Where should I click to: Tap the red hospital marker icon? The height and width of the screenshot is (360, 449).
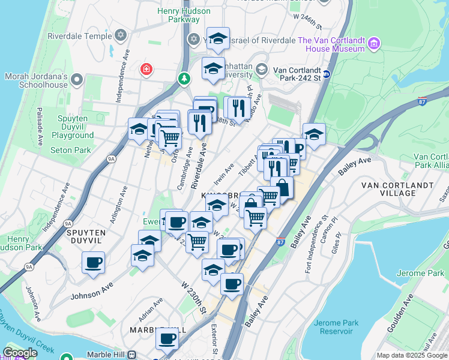pyautogui.click(x=145, y=70)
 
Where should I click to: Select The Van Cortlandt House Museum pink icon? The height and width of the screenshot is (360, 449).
pyautogui.click(x=375, y=43)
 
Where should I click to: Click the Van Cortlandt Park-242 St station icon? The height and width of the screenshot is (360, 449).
pyautogui.click(x=327, y=74)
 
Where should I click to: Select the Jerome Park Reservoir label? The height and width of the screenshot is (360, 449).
pyautogui.click(x=336, y=327)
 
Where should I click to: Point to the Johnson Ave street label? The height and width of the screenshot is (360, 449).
pyautogui.click(x=91, y=292)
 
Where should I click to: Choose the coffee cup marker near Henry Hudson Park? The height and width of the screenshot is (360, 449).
pyautogui.click(x=93, y=263)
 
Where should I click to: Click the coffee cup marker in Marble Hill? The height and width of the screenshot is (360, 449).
pyautogui.click(x=167, y=338)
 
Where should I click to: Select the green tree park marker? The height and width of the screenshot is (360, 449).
pyautogui.click(x=184, y=78)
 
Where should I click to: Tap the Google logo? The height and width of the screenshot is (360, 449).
pyautogui.click(x=20, y=353)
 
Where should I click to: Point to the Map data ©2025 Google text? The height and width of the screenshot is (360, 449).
pyautogui.click(x=412, y=355)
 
